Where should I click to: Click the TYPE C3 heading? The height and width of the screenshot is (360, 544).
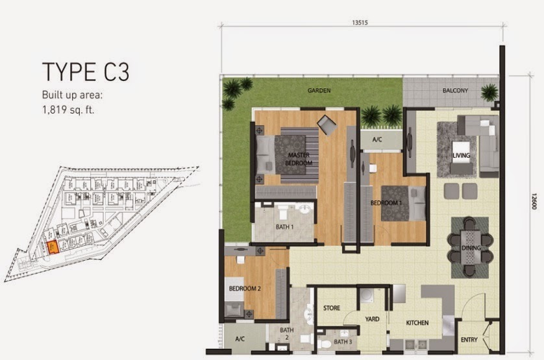pyautogui.click(x=81, y=71)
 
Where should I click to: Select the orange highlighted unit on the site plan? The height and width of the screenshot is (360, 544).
pyautogui.click(x=53, y=246)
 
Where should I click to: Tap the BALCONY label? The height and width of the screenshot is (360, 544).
pyautogui.click(x=456, y=91)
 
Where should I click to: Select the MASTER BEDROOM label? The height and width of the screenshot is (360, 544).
pyautogui.click(x=298, y=159)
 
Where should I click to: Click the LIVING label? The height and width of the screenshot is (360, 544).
pyautogui.click(x=462, y=155)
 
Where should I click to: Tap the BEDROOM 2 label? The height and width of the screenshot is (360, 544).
pyautogui.click(x=244, y=289)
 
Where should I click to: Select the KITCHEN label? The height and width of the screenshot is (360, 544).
pyautogui.click(x=419, y=322)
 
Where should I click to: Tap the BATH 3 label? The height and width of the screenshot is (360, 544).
pyautogui.click(x=342, y=342)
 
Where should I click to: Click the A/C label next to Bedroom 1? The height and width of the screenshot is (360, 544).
pyautogui.click(x=377, y=139)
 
